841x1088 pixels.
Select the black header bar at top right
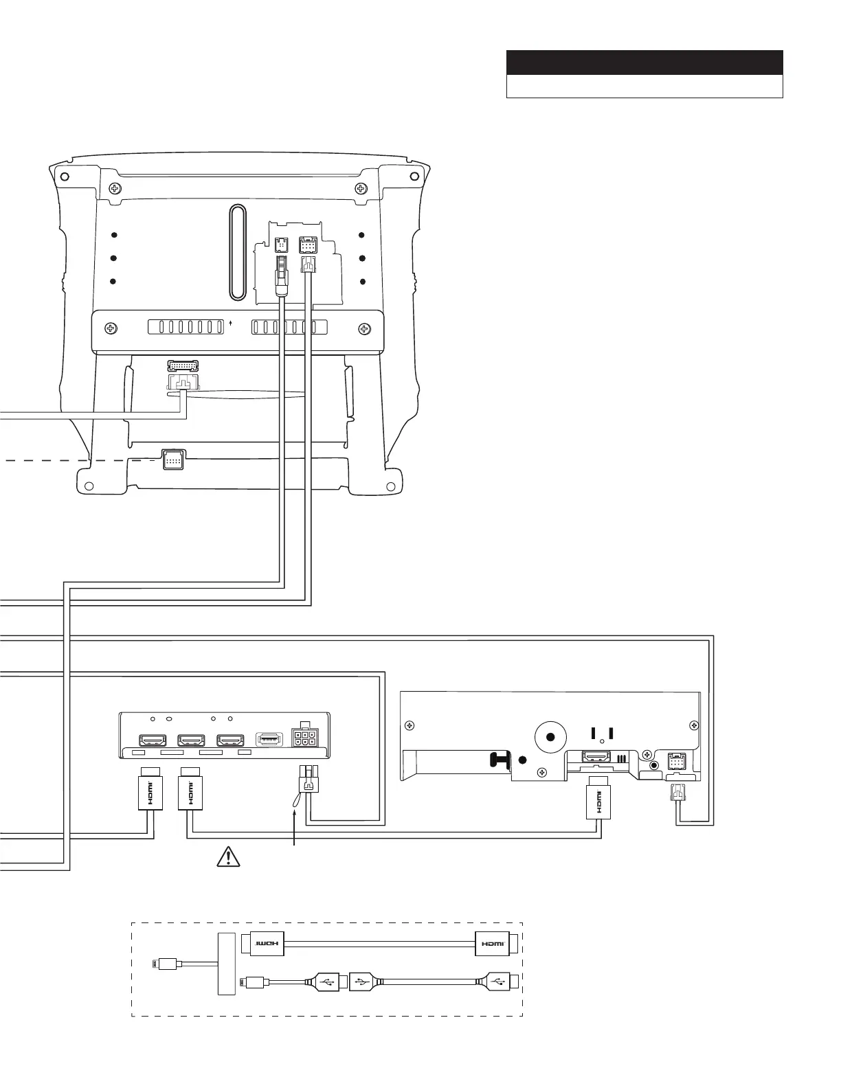[x=644, y=63]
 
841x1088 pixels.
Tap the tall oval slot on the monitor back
[x=237, y=251]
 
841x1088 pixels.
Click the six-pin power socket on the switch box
[x=304, y=738]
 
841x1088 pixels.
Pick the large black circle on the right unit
[x=550, y=737]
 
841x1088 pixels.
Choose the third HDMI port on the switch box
[x=229, y=740]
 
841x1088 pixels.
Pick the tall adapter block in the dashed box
[x=226, y=963]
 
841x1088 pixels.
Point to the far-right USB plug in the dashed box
[x=499, y=983]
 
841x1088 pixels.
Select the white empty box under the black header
[x=644, y=87]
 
